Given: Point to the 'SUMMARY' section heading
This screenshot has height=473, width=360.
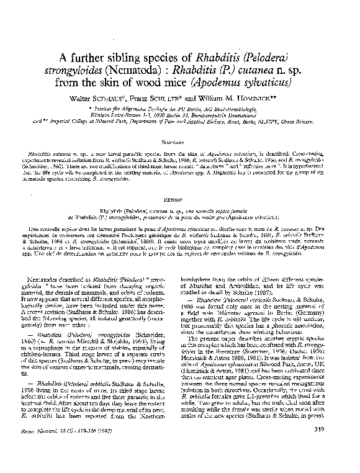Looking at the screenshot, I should click(x=180, y=141).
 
